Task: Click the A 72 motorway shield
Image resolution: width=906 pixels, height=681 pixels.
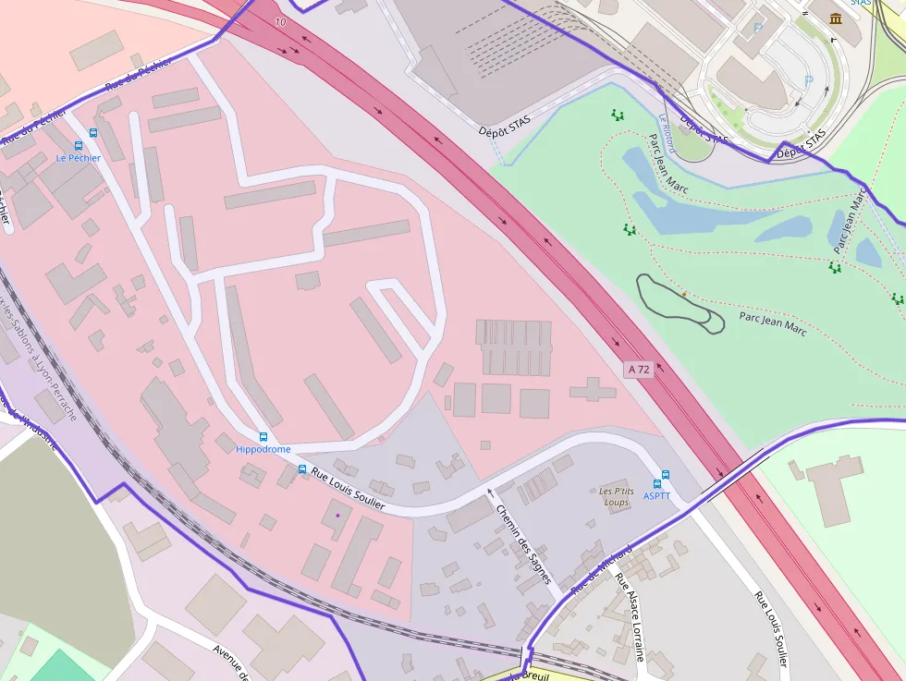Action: [x=639, y=369]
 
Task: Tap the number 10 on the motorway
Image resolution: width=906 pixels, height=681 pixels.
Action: [x=281, y=20]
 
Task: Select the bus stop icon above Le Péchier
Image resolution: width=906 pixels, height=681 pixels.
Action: [x=92, y=133]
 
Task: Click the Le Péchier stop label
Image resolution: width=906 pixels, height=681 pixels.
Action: [x=78, y=158]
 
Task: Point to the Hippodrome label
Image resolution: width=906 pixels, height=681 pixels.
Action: [x=263, y=450]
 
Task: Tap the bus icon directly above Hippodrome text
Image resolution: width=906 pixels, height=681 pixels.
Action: [x=263, y=436]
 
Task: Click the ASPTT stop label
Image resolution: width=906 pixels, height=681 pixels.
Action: [x=656, y=496]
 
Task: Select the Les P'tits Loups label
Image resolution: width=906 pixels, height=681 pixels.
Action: [x=617, y=496]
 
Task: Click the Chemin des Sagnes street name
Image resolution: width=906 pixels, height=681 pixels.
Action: [x=523, y=544]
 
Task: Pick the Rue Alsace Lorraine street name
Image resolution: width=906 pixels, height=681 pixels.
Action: [x=630, y=618]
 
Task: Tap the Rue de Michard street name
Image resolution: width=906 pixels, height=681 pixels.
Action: [x=601, y=569]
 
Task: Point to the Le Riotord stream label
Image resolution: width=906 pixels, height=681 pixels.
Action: [x=667, y=134]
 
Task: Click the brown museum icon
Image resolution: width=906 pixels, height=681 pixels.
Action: [x=836, y=19]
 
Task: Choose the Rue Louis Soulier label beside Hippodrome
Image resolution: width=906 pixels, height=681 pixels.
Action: [x=348, y=488]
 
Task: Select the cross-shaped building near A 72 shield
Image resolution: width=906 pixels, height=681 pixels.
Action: [x=593, y=389]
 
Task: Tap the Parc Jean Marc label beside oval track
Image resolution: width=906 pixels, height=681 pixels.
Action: [x=772, y=323]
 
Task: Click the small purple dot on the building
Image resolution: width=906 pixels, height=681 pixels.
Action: [x=338, y=515]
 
